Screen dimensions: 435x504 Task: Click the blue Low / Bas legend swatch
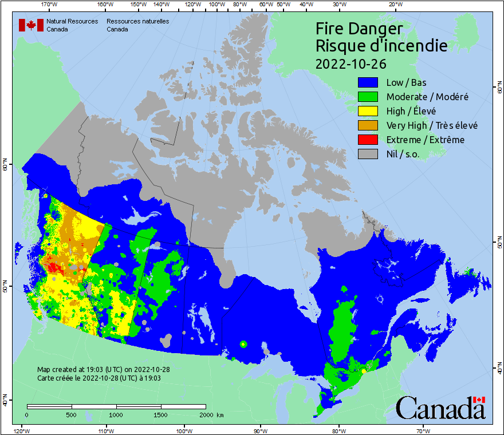coord(368,82)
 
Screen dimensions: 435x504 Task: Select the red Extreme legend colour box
coord(368,140)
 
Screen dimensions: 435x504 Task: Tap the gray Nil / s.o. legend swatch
coord(368,154)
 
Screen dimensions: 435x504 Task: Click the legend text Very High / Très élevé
coord(432,125)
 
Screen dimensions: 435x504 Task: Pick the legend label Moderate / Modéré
coord(427,97)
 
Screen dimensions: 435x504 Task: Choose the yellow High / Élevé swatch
coord(368,111)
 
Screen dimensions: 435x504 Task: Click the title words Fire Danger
coord(359,29)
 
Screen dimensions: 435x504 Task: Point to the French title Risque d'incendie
coord(381,45)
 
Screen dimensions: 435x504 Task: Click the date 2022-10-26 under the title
coord(350,62)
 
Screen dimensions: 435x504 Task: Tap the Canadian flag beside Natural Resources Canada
coord(31,25)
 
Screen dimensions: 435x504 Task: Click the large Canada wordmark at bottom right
coord(440,408)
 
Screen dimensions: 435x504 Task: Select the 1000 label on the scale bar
coord(116,414)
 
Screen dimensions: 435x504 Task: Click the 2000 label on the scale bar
coord(206,414)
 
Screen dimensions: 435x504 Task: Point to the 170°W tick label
coord(50,5)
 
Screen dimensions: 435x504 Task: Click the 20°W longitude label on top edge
coord(394,5)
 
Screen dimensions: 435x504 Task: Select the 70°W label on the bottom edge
coord(423,430)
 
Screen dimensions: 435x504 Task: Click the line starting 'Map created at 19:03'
coord(103,370)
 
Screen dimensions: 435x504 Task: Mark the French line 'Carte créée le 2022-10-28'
coord(99,378)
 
